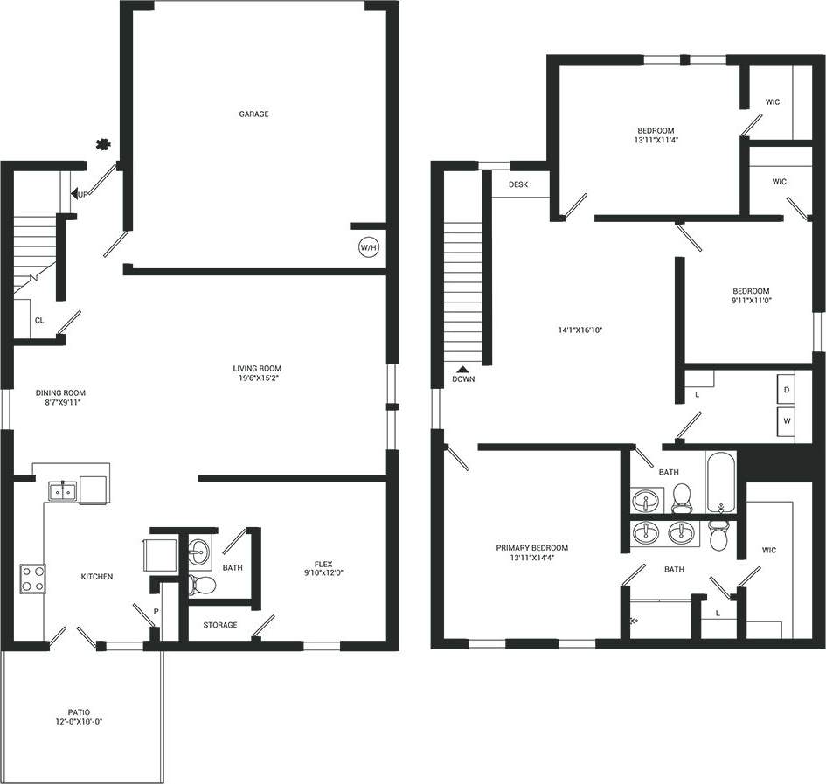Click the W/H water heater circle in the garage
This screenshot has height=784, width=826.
point(368,248)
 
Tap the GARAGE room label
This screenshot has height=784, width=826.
point(253,114)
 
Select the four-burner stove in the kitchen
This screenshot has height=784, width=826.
point(33,579)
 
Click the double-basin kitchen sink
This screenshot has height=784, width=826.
point(61,492)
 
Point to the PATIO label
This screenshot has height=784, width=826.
point(79,712)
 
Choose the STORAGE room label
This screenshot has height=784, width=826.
point(220,625)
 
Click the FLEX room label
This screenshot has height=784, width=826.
point(324,564)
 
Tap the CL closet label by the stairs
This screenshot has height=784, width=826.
point(39,321)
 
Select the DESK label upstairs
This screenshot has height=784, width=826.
point(519,184)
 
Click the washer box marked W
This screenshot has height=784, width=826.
point(787,420)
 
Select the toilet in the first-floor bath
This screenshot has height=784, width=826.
point(202,584)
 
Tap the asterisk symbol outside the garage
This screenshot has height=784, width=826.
point(103,143)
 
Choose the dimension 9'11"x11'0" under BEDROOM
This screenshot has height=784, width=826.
point(751,301)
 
